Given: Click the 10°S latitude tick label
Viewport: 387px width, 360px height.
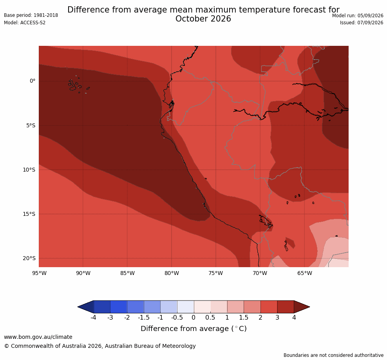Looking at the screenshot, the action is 29,170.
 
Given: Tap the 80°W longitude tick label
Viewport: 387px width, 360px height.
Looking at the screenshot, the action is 172,273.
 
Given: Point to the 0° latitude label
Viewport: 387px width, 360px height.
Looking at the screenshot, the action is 33,81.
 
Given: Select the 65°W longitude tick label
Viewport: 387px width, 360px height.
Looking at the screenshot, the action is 305,273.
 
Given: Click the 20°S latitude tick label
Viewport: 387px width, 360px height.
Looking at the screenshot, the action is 29,258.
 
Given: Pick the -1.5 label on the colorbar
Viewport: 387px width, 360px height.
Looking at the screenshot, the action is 144,317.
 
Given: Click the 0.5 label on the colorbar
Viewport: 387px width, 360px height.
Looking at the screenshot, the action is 210,317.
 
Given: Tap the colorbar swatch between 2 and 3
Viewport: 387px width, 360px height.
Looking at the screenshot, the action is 269,307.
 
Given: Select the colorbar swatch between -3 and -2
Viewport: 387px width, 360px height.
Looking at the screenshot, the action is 119,307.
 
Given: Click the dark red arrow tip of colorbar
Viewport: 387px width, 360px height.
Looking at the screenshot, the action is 309,307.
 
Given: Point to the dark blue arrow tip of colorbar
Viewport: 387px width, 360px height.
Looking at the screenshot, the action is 78,307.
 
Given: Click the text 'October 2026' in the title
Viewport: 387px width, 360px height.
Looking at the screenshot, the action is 203,19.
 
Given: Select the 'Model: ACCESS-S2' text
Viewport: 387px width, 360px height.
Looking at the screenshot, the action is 25,23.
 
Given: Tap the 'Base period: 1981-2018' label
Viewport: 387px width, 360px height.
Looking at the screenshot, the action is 31,15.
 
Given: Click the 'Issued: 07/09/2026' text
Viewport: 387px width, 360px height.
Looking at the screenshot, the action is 361,23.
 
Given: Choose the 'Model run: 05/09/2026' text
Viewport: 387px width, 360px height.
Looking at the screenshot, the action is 358,16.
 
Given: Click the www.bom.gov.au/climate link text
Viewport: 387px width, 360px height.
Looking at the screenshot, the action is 38,337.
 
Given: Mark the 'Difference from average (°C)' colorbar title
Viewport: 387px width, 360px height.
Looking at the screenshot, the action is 193,329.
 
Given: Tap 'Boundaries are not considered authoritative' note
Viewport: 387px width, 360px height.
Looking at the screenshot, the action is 333,355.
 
